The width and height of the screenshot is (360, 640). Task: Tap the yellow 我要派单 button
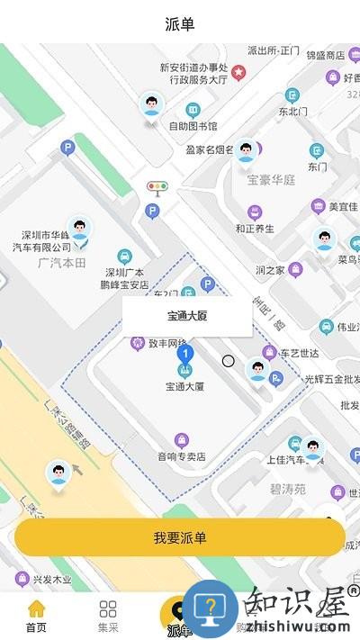tap(180, 537)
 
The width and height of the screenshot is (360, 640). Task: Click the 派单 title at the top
tap(180, 23)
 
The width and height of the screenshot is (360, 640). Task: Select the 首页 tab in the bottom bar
tap(36, 616)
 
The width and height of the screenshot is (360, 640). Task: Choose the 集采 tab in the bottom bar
tap(108, 616)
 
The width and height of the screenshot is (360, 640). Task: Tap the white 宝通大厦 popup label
tap(187, 316)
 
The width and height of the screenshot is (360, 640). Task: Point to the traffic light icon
tap(157, 188)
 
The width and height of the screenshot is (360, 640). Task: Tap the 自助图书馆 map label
tap(193, 125)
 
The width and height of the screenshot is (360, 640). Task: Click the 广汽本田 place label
tap(62, 262)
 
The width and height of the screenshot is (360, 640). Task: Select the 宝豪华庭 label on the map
tap(271, 179)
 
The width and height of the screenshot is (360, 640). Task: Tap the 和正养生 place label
tap(255, 228)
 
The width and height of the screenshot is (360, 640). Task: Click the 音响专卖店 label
tap(182, 455)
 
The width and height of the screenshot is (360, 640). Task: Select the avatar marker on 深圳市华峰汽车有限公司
tap(80, 230)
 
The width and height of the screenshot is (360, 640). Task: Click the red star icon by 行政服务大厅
tap(238, 72)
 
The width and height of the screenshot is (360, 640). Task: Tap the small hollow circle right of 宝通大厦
tap(229, 361)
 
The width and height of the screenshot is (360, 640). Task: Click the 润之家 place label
tap(270, 269)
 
